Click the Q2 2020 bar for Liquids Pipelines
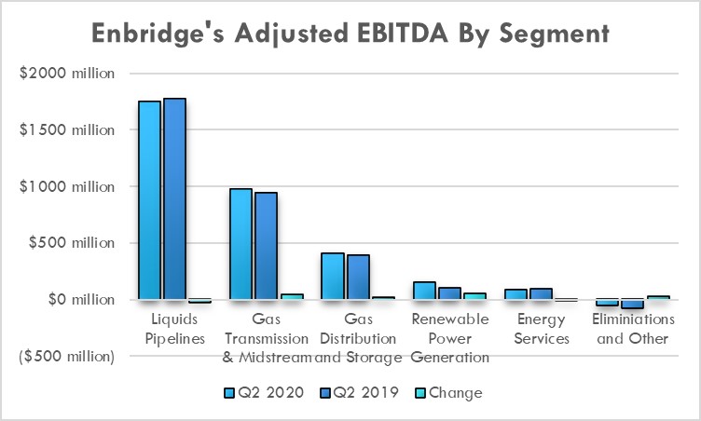[x=149, y=200]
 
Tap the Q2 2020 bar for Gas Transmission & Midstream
[x=241, y=244]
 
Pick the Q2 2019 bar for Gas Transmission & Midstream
[x=266, y=246]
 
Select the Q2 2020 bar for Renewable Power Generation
[x=424, y=291]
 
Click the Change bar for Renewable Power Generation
[x=474, y=296]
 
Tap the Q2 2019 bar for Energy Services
[x=541, y=294]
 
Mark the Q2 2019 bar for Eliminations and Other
[x=632, y=304]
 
